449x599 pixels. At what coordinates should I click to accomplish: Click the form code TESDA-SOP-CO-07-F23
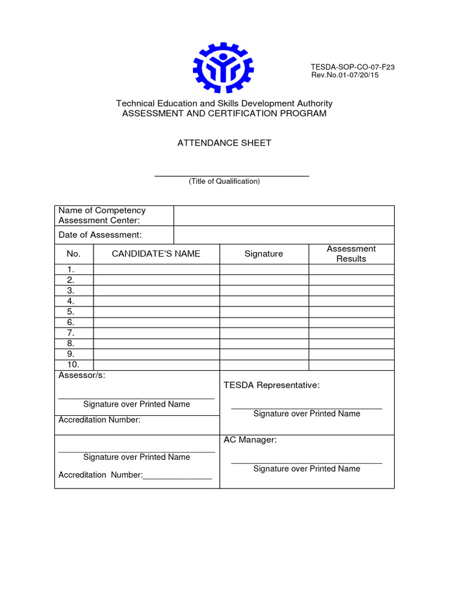[353, 67]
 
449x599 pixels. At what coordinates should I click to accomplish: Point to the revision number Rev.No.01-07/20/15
[344, 75]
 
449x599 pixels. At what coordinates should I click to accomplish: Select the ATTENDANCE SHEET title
[224, 143]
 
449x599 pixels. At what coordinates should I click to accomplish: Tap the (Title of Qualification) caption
[224, 181]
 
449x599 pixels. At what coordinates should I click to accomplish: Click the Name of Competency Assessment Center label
[102, 215]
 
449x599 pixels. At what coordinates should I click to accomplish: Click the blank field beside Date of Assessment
[284, 235]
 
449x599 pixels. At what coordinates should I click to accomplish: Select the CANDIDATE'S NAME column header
[156, 254]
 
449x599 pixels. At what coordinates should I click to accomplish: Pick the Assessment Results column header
[351, 254]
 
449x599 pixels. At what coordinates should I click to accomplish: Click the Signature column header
[264, 254]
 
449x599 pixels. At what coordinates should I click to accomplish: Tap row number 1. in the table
[71, 270]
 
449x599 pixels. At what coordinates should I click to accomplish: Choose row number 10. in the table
[72, 364]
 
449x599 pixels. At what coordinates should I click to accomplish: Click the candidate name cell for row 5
[156, 312]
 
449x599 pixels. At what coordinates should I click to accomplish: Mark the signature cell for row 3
[264, 291]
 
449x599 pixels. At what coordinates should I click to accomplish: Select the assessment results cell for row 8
[351, 343]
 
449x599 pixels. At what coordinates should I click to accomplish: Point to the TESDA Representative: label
[272, 385]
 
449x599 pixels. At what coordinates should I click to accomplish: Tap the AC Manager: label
[250, 440]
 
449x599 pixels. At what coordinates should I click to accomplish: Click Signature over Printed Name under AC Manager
[306, 469]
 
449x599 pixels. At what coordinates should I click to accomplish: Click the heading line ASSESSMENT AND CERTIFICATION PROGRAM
[224, 113]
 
